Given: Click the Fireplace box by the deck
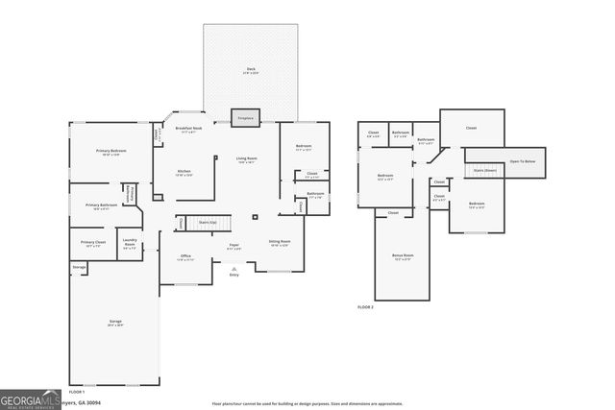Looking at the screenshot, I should coord(244,117).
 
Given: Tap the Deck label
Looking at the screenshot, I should coord(251,70).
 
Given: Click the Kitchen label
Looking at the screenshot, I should coord(183,173).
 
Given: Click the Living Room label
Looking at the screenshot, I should coord(247,159).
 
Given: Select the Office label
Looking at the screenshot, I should coord(185,256).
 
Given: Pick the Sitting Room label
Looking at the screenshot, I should coord(280,243).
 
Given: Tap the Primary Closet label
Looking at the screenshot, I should coord(93,244).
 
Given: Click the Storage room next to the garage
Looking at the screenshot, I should coord(79,266).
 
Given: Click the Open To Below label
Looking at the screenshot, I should coord(522,161).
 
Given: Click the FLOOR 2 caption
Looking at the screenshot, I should coord(365,306).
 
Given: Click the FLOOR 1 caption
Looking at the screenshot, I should coord(76,392).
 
